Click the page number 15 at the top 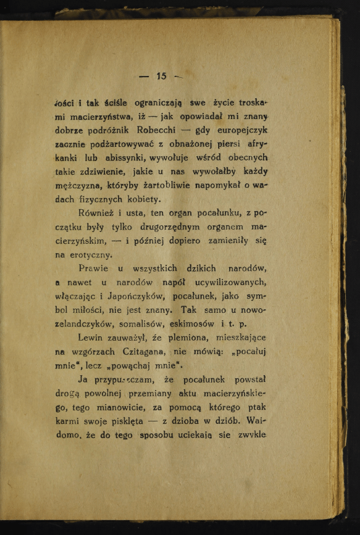point(162,77)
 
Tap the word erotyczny point(90,254)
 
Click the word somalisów point(141,323)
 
